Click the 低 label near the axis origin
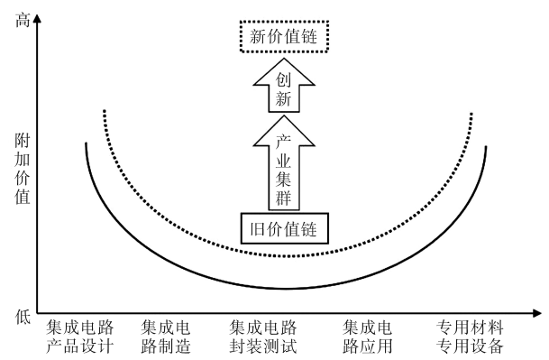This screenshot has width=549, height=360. pos(23,316)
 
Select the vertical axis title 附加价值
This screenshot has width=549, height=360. pos(23,171)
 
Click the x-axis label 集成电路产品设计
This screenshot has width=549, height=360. pos(80,337)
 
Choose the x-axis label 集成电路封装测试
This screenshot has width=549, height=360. pos(263,337)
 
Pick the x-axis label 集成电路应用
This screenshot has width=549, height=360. pos(368,337)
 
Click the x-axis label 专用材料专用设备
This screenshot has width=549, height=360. pos(470,337)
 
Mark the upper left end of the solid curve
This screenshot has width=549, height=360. pos(86,143)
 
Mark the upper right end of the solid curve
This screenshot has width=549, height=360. pos(486,145)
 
